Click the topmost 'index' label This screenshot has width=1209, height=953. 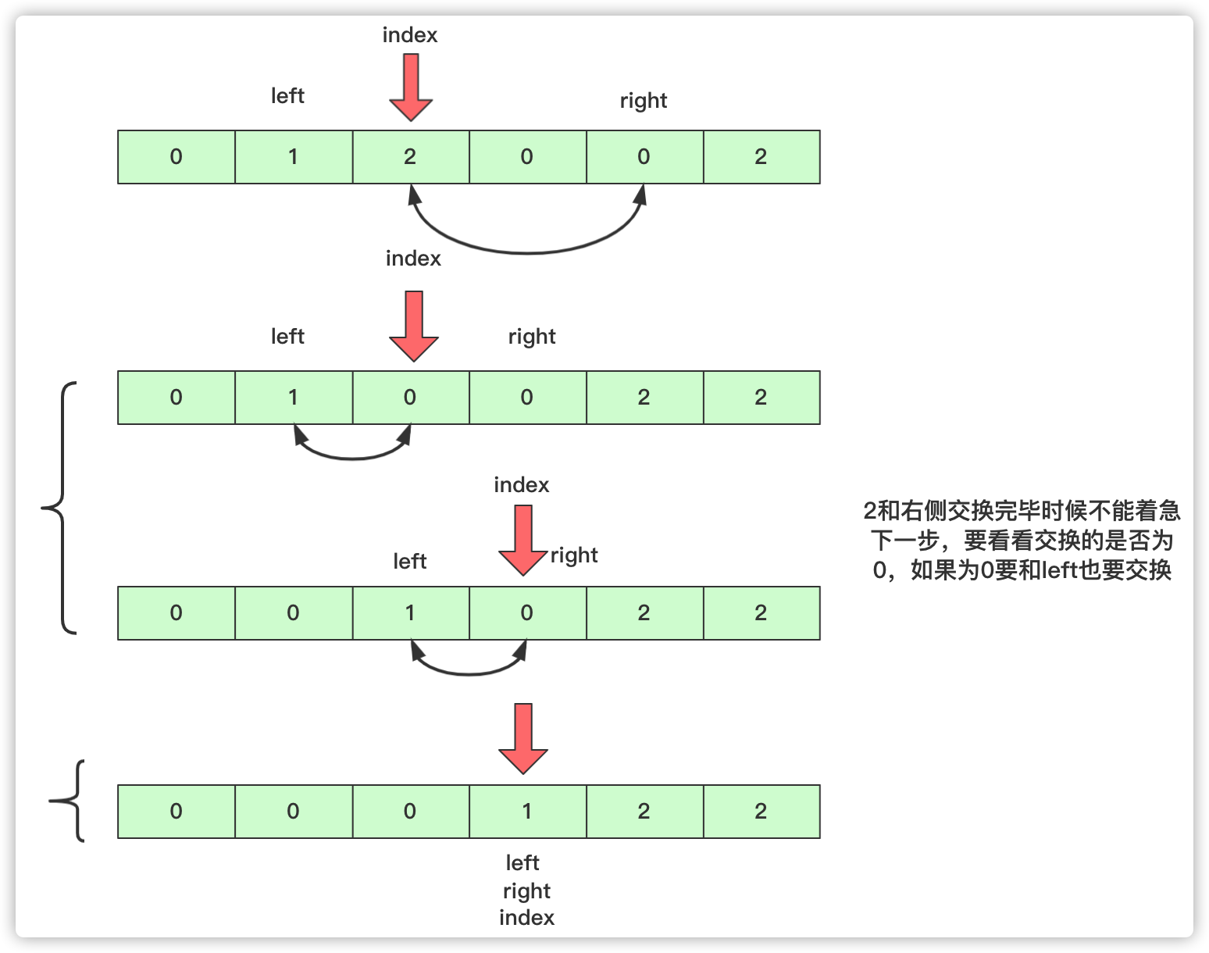[x=410, y=35]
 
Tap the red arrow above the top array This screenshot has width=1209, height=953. [x=411, y=86]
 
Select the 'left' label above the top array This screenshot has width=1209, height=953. [x=287, y=96]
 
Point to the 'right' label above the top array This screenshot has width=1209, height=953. [x=644, y=101]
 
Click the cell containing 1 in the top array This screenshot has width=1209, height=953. [x=294, y=157]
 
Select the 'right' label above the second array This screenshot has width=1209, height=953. [x=532, y=337]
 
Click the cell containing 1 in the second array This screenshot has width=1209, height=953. [x=294, y=398]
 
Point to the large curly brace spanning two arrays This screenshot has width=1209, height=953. [x=61, y=508]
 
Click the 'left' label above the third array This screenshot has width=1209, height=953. [x=410, y=562]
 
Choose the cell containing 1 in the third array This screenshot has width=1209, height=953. [x=411, y=613]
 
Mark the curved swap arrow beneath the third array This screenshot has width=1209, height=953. [x=469, y=671]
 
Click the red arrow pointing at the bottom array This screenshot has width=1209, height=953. [x=523, y=737]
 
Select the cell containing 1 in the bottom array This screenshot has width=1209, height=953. [x=527, y=812]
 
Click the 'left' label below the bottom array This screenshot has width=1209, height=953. [x=522, y=863]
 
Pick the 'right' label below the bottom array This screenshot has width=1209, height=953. [x=526, y=891]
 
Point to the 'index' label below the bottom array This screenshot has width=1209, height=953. [x=526, y=918]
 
